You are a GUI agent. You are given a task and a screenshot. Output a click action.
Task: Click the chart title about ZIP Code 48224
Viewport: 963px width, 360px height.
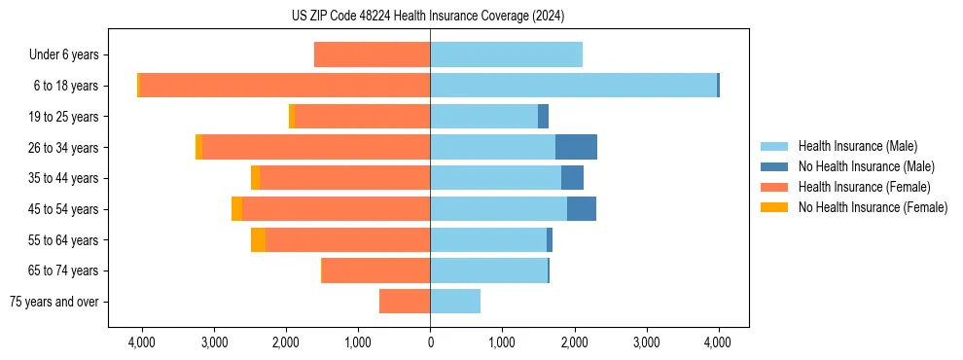coord(428,16)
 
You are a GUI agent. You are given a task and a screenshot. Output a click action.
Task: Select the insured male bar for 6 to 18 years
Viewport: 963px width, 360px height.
coord(573,86)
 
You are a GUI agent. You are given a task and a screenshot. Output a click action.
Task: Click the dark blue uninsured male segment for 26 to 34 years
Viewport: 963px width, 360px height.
coord(576,147)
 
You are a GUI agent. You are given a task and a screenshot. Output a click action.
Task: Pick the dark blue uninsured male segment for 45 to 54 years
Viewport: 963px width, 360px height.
coord(581,209)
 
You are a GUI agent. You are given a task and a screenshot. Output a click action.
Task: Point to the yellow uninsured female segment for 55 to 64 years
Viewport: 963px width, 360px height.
coord(258,240)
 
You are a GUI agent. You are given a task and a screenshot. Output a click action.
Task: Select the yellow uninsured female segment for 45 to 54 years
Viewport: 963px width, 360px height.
coord(236,209)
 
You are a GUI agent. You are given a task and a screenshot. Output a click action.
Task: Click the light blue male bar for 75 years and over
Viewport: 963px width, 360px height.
coord(455,302)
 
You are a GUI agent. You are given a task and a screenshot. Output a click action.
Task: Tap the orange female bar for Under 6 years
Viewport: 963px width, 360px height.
coord(372,54)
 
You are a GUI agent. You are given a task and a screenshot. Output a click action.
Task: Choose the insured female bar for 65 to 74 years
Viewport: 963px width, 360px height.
coord(375,270)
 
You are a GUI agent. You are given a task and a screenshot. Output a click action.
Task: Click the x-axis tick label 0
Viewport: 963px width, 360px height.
coord(430,342)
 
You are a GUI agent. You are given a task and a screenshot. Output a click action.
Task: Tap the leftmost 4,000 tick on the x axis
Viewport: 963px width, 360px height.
coord(142,342)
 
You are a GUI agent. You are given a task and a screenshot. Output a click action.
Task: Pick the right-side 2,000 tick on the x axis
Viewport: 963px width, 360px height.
coord(574,342)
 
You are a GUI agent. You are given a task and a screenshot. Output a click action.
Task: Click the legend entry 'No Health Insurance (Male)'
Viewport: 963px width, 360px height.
coord(866,166)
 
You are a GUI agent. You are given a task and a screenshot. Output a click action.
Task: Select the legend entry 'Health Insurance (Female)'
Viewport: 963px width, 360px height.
coord(864,187)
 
